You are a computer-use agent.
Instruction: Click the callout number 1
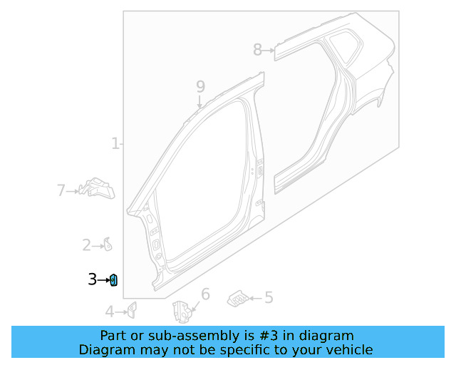(x=115, y=144)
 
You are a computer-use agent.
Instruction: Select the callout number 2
(x=86, y=245)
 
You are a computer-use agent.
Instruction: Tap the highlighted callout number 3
(x=92, y=280)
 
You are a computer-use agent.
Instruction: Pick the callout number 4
(x=109, y=312)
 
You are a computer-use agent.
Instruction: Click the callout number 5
(x=269, y=298)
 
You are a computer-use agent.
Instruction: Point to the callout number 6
(x=205, y=294)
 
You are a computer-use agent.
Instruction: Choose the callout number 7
(x=61, y=190)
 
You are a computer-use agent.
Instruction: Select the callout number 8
(x=257, y=49)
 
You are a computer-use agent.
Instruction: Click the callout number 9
(x=200, y=86)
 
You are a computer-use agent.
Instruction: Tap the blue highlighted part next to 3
(x=113, y=280)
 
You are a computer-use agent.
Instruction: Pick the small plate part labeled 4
(x=131, y=309)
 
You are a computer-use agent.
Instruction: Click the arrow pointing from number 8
(x=269, y=50)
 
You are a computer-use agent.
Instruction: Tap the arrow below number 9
(x=200, y=102)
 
